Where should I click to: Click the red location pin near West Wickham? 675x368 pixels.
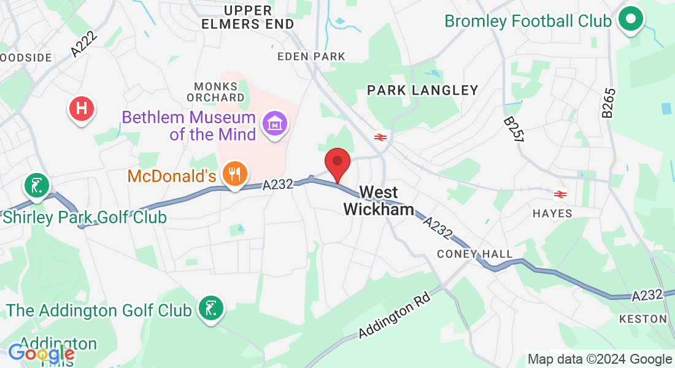point(337,163)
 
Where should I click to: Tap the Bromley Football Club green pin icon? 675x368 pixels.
point(630,19)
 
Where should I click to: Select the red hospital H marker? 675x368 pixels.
point(82,110)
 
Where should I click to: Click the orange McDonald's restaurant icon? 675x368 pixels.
point(233,175)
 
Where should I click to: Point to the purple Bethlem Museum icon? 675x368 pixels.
point(275,125)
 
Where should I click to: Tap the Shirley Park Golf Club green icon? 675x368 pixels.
point(37,186)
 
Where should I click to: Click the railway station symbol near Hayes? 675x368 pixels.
point(559,194)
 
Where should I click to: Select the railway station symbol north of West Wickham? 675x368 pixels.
point(379,137)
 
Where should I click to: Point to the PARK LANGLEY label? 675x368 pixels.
point(422,91)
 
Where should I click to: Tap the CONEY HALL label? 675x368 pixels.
point(474,254)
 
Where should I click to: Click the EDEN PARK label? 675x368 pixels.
point(311,56)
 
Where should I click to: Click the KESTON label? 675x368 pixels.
point(642,319)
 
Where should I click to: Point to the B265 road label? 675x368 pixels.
point(607,102)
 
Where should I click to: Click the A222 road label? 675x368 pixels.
point(84,45)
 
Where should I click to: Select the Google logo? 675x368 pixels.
point(40,354)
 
